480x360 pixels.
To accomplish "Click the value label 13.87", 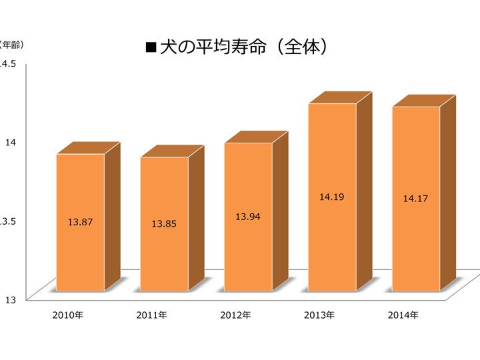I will point(80,222).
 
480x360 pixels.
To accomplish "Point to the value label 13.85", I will point(164,224).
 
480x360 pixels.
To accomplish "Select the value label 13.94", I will point(248,217).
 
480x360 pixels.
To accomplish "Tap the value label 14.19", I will point(332,197).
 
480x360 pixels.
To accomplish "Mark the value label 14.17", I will point(416,199).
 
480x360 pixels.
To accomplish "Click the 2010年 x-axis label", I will point(67,315).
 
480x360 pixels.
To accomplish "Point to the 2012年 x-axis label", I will point(235,315).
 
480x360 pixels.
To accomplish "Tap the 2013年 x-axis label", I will point(319,315).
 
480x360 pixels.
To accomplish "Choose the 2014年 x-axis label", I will point(403,315).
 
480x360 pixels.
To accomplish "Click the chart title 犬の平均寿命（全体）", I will point(245,47).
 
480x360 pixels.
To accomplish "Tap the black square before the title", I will point(150,47).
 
